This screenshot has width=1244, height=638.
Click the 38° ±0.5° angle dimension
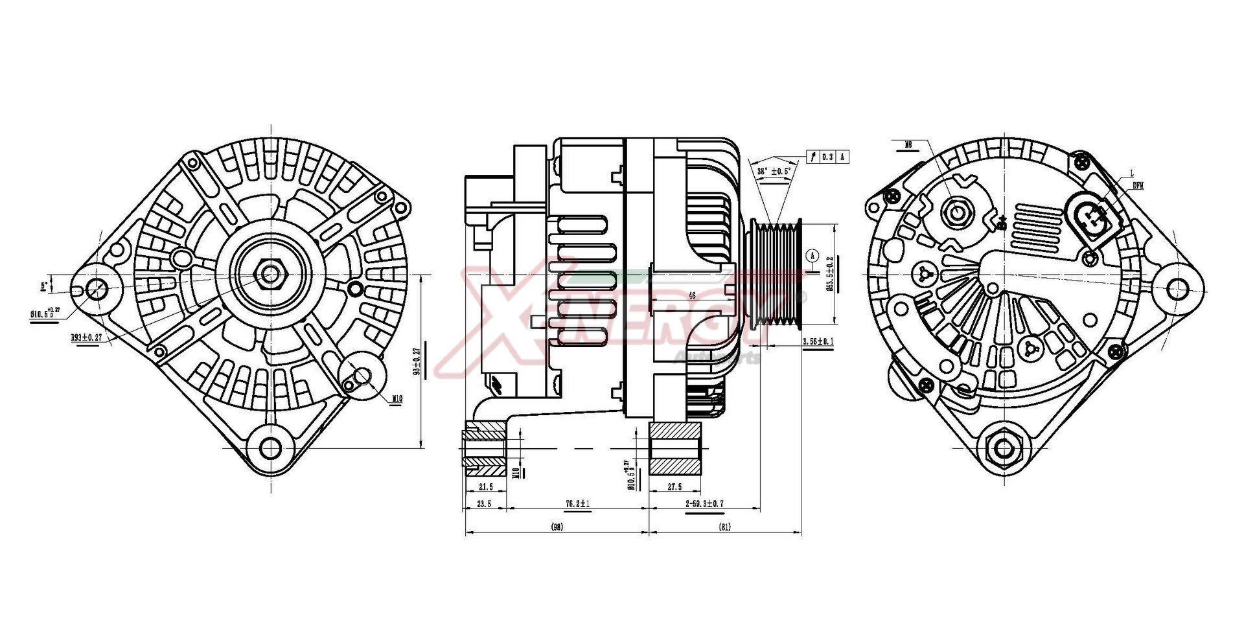click(774, 172)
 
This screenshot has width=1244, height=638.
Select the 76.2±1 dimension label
click(577, 504)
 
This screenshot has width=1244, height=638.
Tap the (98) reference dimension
click(557, 527)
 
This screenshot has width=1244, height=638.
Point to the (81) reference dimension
click(724, 527)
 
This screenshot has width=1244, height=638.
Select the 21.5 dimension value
click(485, 487)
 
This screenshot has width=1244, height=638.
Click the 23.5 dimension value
click(483, 504)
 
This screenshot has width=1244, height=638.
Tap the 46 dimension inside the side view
click(692, 295)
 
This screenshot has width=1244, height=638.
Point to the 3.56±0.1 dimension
click(817, 341)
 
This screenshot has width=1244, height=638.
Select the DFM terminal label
click(1138, 186)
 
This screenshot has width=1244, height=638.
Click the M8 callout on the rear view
click(908, 146)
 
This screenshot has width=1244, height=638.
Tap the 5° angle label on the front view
click(44, 284)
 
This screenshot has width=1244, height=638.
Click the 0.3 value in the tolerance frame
click(827, 157)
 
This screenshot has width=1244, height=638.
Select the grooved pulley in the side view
click(774, 273)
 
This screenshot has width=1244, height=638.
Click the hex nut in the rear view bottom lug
click(1003, 448)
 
